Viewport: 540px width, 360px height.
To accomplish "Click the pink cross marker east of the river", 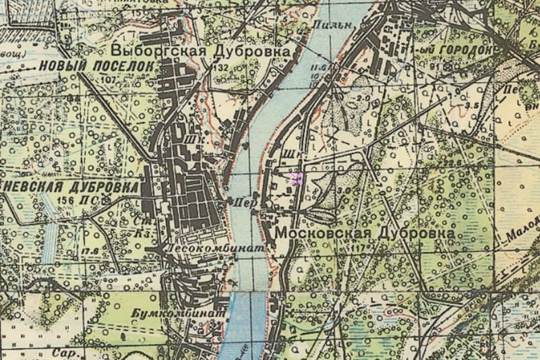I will click(296, 178).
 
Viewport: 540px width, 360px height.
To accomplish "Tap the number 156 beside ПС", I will click(65, 200).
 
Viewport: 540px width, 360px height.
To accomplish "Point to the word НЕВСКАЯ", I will click(29, 186).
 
